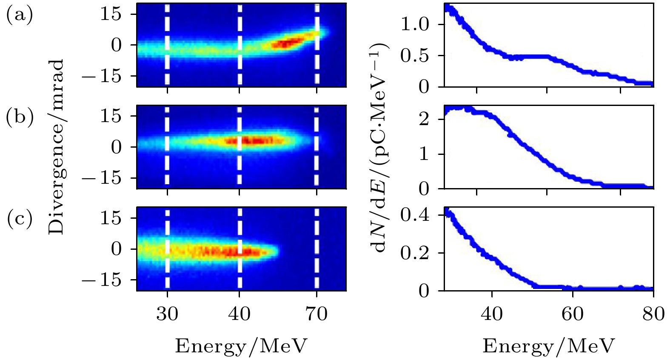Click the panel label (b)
click(x=20, y=117)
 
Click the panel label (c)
click(x=20, y=219)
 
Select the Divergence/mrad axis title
click(x=56, y=147)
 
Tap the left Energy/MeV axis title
click(x=241, y=346)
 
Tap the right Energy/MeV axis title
click(x=548, y=346)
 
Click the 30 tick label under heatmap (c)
click(x=167, y=314)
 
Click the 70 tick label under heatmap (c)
click(x=316, y=314)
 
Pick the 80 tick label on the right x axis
click(x=653, y=314)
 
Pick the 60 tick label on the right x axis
click(x=573, y=314)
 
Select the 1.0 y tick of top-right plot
click(x=415, y=24)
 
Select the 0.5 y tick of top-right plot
click(x=415, y=56)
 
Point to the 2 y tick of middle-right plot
click(x=424, y=119)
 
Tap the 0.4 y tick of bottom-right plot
click(x=415, y=215)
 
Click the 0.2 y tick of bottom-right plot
click(x=415, y=253)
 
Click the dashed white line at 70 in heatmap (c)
click(x=316, y=249)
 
